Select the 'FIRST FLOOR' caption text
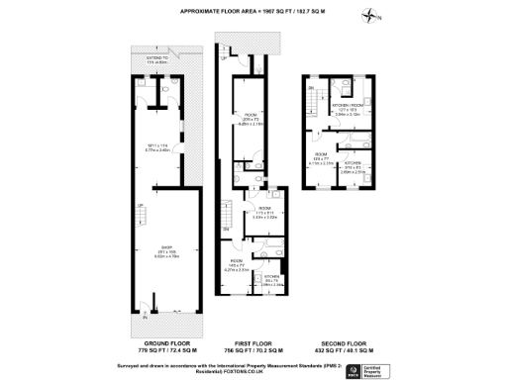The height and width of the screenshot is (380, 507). (252, 341)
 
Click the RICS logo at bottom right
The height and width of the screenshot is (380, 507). (352, 370)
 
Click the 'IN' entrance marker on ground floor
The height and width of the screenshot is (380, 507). (145, 319)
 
